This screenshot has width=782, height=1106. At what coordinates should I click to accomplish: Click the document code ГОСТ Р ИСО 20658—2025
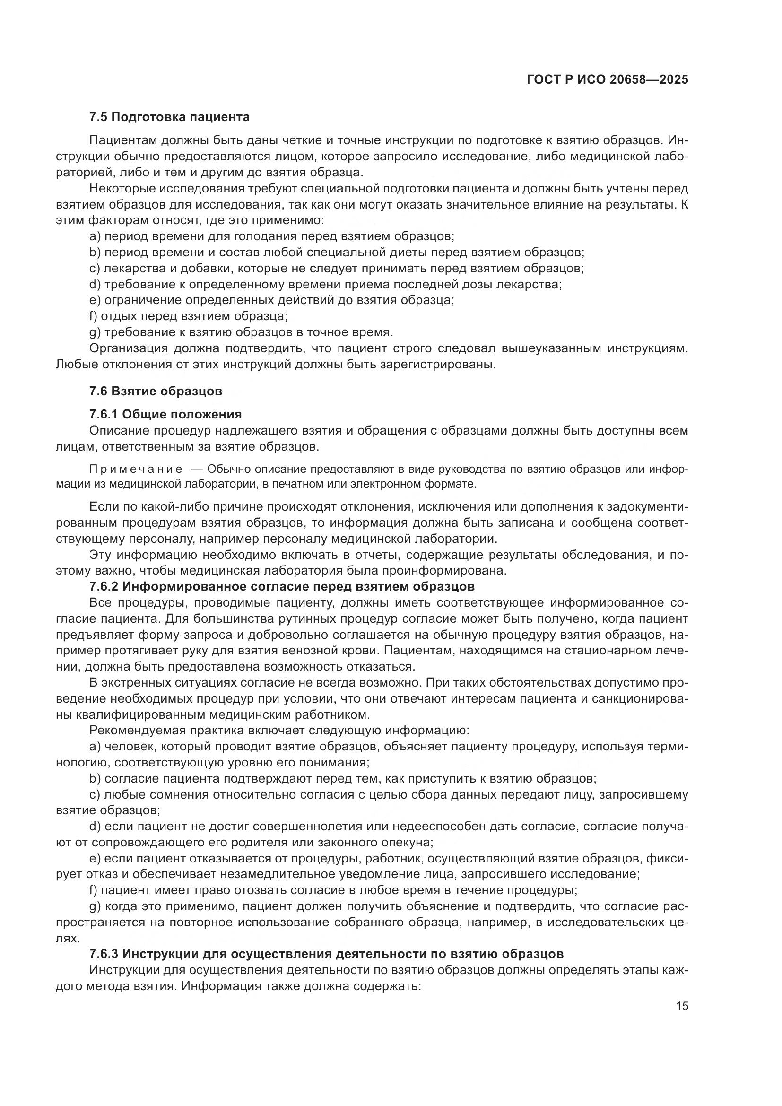[x=607, y=79]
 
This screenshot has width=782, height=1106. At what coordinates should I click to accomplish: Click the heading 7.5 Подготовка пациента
[x=169, y=117]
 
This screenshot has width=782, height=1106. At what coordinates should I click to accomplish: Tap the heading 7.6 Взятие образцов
[x=156, y=391]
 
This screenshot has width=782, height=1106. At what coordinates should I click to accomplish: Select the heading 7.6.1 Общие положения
[x=165, y=414]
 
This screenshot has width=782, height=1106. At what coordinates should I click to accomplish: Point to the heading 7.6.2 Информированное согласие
[x=282, y=587]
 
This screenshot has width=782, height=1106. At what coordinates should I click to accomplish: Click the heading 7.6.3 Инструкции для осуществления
[x=326, y=954]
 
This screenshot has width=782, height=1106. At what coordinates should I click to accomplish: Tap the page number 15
[x=682, y=1006]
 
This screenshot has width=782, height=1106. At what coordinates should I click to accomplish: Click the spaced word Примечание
[x=136, y=470]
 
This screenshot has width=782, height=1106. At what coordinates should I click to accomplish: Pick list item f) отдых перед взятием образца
[x=188, y=316]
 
